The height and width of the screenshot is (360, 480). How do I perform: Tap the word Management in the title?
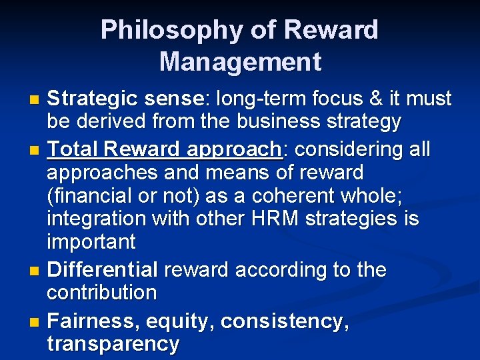click(x=240, y=62)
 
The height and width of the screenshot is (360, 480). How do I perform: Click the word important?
click(x=91, y=241)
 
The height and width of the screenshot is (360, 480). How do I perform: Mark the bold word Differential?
click(x=103, y=270)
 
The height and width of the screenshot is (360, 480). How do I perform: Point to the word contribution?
click(x=102, y=293)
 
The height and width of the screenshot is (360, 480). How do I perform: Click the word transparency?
click(x=113, y=344)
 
